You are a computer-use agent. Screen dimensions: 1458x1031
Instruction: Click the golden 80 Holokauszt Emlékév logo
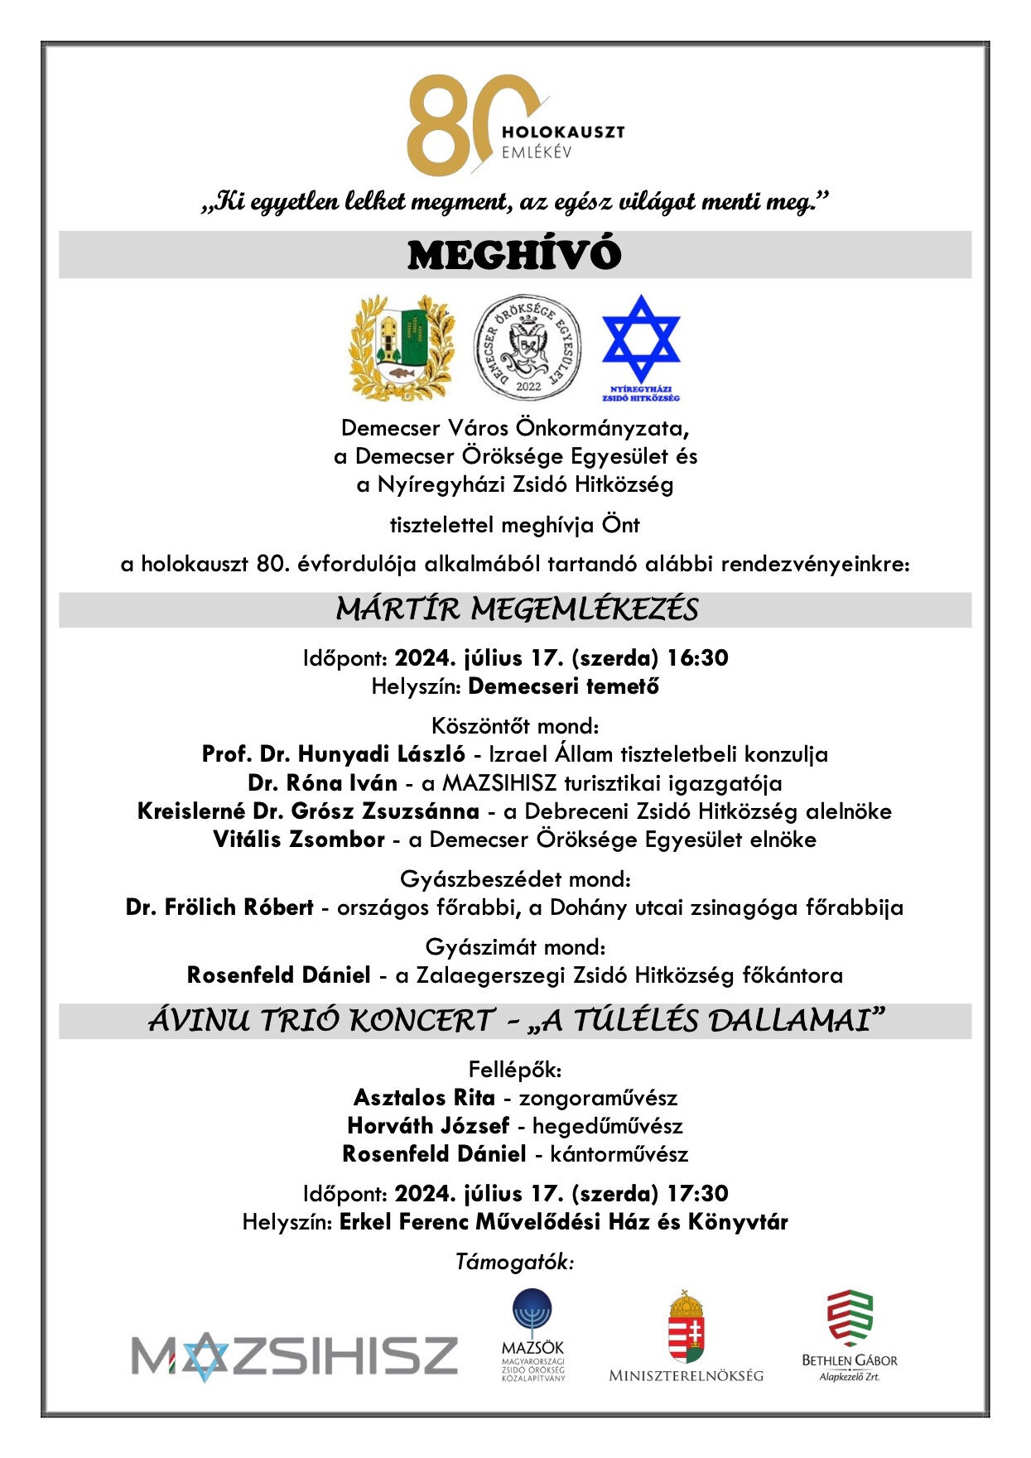pyautogui.click(x=513, y=124)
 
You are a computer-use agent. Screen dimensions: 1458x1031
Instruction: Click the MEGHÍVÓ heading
pyautogui.click(x=514, y=255)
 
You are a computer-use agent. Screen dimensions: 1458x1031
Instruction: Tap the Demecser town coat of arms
pyautogui.click(x=402, y=348)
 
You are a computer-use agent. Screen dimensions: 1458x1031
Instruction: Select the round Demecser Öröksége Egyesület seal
pyautogui.click(x=527, y=348)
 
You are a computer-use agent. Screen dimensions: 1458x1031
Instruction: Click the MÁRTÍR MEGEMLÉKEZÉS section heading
pyautogui.click(x=516, y=609)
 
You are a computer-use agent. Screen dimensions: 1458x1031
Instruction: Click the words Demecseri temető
pyautogui.click(x=564, y=686)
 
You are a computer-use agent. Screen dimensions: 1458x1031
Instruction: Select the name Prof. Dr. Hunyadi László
pyautogui.click(x=334, y=754)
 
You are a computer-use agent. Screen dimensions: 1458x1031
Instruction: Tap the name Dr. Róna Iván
pyautogui.click(x=322, y=782)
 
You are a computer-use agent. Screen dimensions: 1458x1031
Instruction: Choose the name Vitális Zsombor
pyautogui.click(x=299, y=840)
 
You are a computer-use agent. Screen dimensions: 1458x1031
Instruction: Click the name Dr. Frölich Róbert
pyautogui.click(x=219, y=907)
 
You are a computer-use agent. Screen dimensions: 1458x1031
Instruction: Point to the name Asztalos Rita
pyautogui.click(x=424, y=1098)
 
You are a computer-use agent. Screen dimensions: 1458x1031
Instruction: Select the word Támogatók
pyautogui.click(x=514, y=1262)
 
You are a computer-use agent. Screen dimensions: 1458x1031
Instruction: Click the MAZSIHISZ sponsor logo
pyautogui.click(x=295, y=1356)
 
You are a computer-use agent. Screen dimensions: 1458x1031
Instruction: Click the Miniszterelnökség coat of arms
pyautogui.click(x=686, y=1331)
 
